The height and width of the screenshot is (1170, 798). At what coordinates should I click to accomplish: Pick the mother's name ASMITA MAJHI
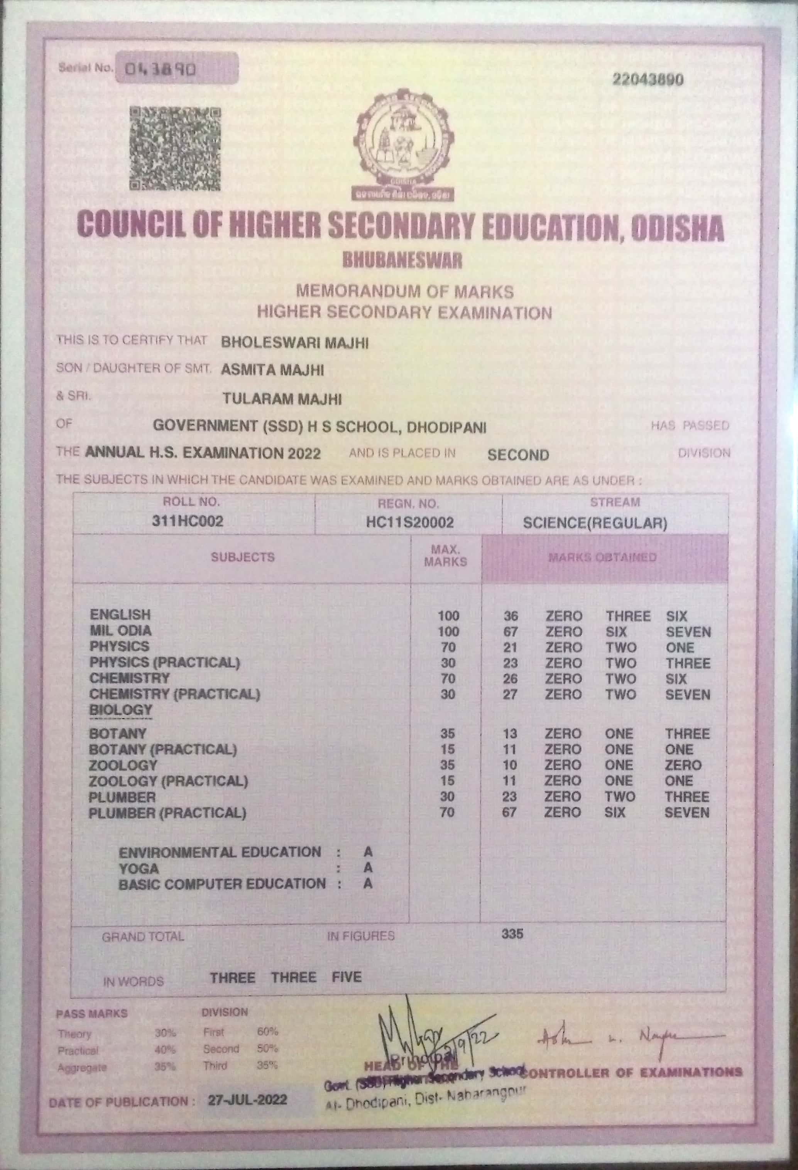272,370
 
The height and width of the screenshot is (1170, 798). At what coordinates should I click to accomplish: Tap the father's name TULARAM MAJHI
282,399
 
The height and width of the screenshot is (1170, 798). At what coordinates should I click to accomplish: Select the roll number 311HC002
187,521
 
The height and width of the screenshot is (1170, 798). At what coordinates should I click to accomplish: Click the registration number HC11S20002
409,522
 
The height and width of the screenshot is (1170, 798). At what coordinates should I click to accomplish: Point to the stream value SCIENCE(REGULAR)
595,523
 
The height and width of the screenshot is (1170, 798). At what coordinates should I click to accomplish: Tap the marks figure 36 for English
511,616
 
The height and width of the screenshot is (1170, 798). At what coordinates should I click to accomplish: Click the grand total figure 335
512,934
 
